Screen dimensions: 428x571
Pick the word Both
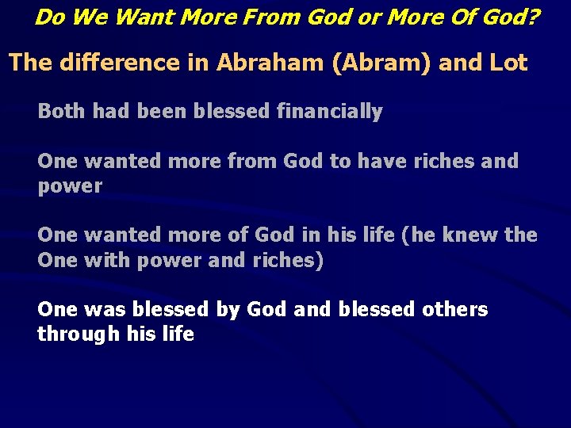[62, 112]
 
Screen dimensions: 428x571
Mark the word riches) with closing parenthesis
[289, 260]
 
